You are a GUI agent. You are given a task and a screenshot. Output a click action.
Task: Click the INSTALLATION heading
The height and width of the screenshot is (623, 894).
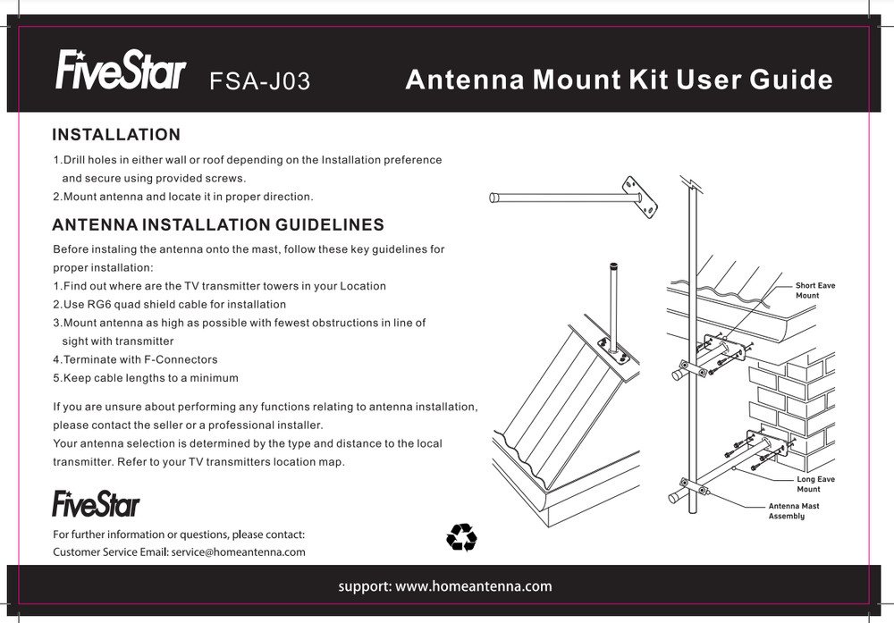[116, 135]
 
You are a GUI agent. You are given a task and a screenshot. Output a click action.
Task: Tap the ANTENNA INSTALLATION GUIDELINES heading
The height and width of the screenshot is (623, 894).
[218, 224]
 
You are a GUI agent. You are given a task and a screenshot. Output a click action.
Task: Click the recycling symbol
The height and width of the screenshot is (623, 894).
[461, 537]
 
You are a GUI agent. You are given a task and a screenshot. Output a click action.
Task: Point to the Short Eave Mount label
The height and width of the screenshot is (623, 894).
[814, 290]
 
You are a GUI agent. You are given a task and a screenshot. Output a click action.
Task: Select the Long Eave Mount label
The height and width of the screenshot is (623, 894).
[814, 484]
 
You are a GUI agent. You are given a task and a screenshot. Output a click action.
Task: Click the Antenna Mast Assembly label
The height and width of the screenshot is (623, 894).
[793, 511]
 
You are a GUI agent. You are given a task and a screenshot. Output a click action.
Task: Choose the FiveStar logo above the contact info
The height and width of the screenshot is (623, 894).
[96, 503]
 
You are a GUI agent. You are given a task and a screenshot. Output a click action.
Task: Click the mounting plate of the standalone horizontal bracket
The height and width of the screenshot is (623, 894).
[641, 197]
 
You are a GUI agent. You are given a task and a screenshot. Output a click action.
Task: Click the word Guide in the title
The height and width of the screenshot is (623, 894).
[790, 80]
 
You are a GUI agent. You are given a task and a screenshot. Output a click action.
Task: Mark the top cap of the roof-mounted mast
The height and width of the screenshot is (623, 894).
[613, 266]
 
